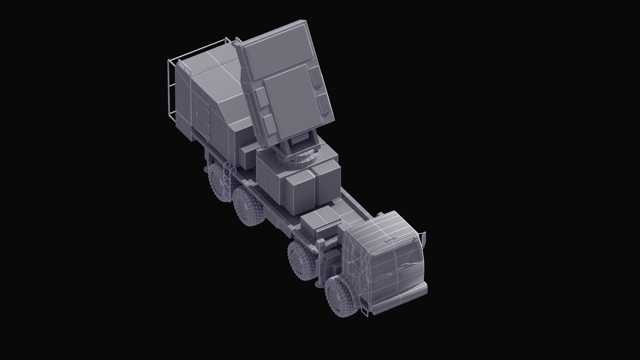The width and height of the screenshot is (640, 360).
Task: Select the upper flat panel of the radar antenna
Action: point(278,50)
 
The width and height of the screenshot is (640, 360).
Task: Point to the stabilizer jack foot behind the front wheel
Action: point(320,284)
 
